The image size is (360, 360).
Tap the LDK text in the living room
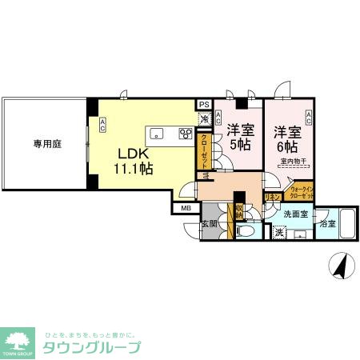pyautogui.click(x=134, y=154)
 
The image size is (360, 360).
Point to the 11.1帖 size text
pyautogui.click(x=134, y=169)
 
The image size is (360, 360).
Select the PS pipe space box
pyautogui.click(x=204, y=104)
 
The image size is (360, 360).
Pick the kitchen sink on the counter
pyautogui.click(x=157, y=133)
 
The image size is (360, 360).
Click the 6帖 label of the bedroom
pyautogui.click(x=287, y=146)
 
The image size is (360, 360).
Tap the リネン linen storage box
pyautogui.click(x=272, y=196)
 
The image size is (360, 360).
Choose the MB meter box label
pyautogui.click(x=186, y=209)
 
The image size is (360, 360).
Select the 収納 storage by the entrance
pyautogui.click(x=238, y=212)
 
